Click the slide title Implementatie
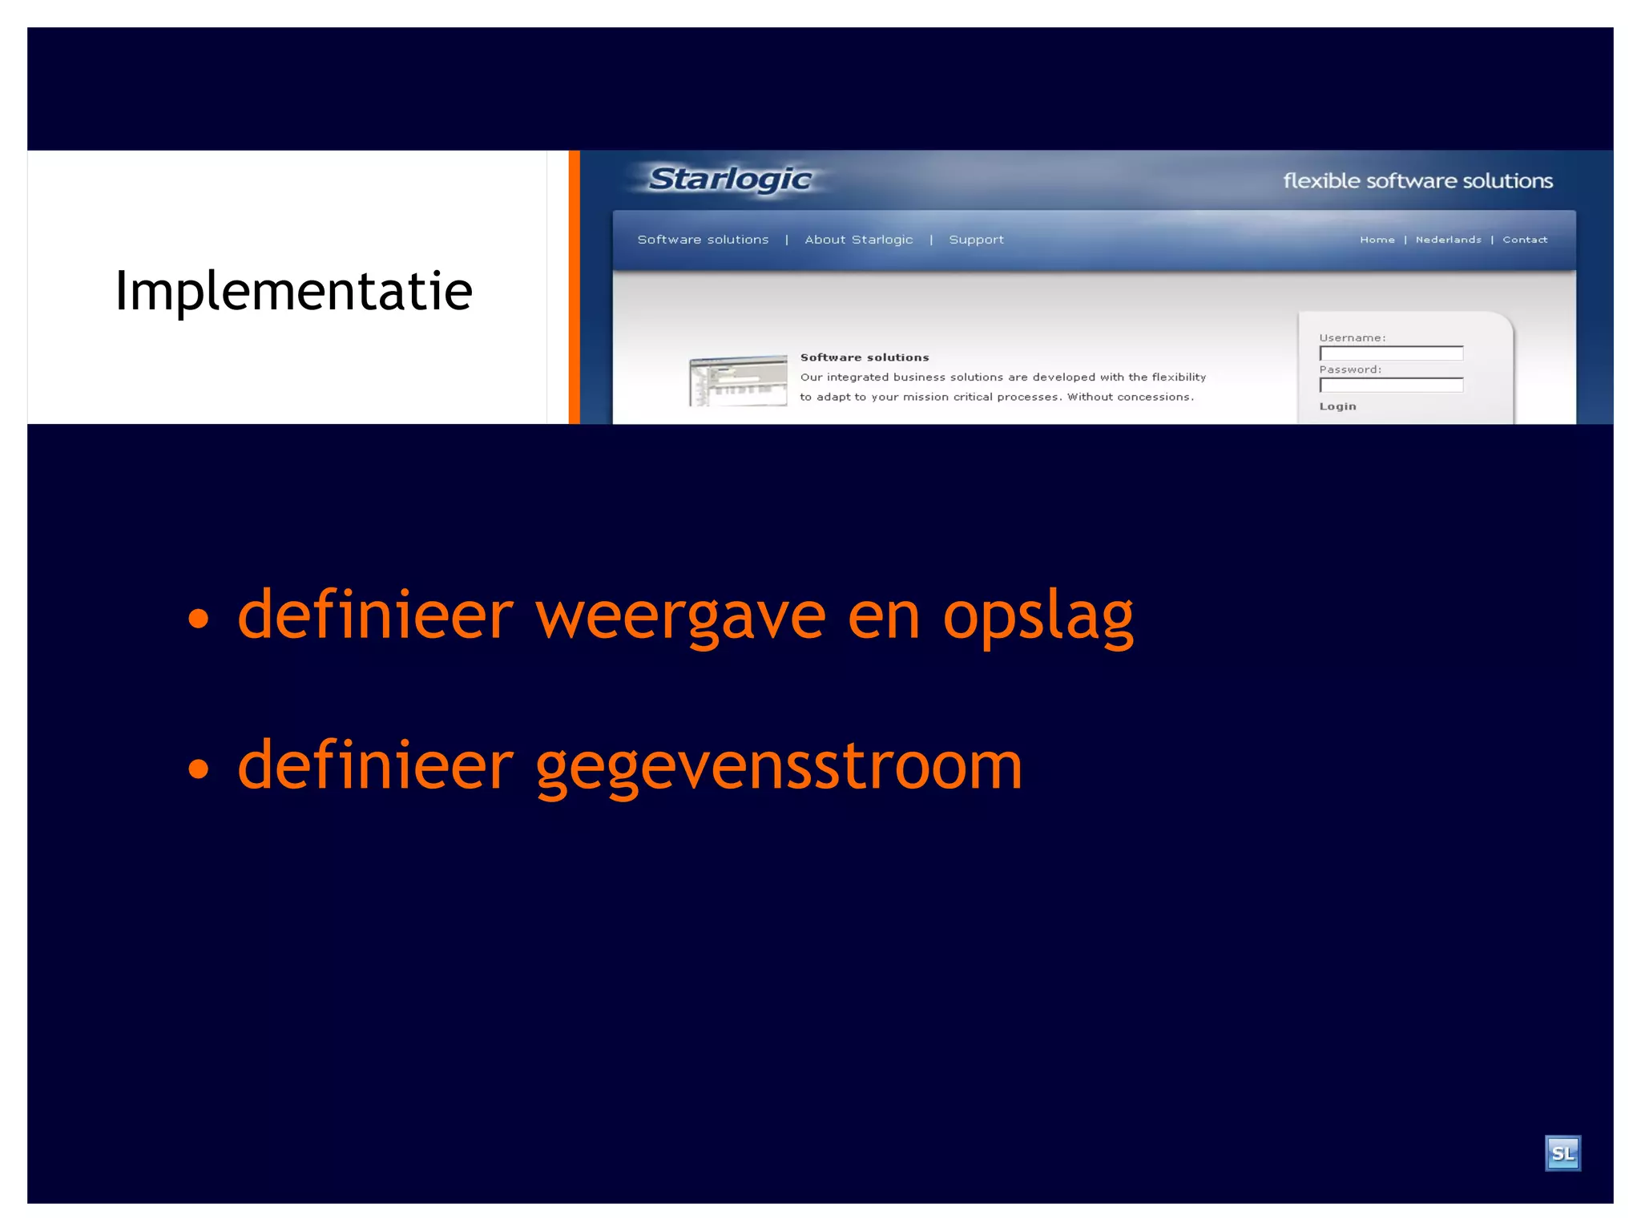tap(293, 291)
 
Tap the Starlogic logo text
tap(730, 180)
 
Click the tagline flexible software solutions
tap(1417, 181)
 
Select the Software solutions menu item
tap(703, 240)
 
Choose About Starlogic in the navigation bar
tap(858, 240)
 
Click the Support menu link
tap(976, 240)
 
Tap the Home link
tap(1377, 240)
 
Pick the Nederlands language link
tap(1448, 240)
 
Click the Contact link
tap(1524, 240)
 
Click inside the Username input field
tap(1391, 353)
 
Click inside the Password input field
tap(1391, 385)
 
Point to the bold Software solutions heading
tap(865, 357)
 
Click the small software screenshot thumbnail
tap(738, 381)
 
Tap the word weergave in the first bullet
tap(680, 616)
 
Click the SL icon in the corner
tap(1562, 1153)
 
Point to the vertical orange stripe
tap(574, 287)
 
